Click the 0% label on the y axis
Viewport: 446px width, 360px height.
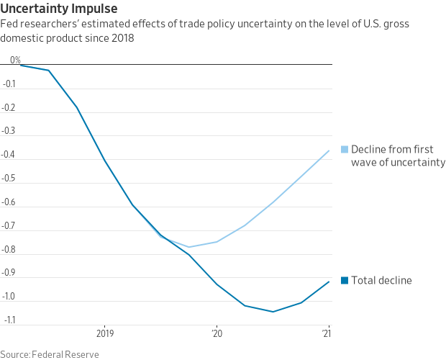point(15,60)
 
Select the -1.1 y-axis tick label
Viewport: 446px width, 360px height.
point(10,319)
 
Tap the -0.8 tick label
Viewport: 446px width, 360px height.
point(10,248)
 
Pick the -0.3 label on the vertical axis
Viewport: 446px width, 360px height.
point(10,130)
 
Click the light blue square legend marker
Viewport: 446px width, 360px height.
point(345,150)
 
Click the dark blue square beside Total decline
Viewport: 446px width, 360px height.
point(345,281)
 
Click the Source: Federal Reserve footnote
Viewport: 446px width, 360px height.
point(50,354)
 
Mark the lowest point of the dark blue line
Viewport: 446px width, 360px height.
point(273,312)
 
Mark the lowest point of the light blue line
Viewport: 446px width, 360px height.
point(189,247)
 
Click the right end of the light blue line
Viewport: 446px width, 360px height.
point(329,150)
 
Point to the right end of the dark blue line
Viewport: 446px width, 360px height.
point(329,282)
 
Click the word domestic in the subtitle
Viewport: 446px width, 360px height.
point(21,37)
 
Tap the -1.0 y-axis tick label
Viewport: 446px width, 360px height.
point(10,295)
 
